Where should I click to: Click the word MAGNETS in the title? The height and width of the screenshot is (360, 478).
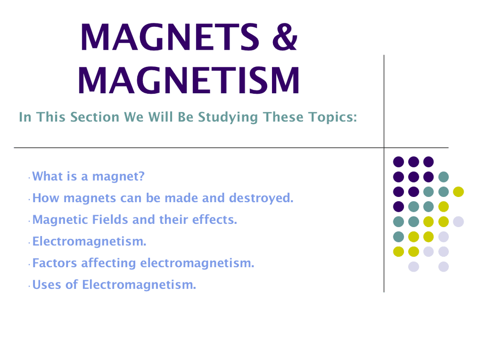pyautogui.click(x=170, y=37)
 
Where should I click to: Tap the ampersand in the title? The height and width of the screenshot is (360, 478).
pyautogui.click(x=285, y=37)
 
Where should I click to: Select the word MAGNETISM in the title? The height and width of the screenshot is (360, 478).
pyautogui.click(x=189, y=80)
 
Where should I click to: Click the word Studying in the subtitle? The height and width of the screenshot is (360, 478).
pyautogui.click(x=228, y=118)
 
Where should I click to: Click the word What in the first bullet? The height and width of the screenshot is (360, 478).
pyautogui.click(x=45, y=176)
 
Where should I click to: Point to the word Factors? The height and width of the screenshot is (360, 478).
pyautogui.click(x=54, y=263)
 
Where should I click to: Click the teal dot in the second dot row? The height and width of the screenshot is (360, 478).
pyautogui.click(x=444, y=177)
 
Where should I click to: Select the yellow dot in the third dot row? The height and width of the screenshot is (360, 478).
pyautogui.click(x=458, y=192)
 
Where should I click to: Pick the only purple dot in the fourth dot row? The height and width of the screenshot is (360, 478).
pyautogui.click(x=399, y=207)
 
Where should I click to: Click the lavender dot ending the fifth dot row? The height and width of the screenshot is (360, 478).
pyautogui.click(x=458, y=222)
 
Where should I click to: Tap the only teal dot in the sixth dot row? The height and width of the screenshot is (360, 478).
pyautogui.click(x=399, y=237)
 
